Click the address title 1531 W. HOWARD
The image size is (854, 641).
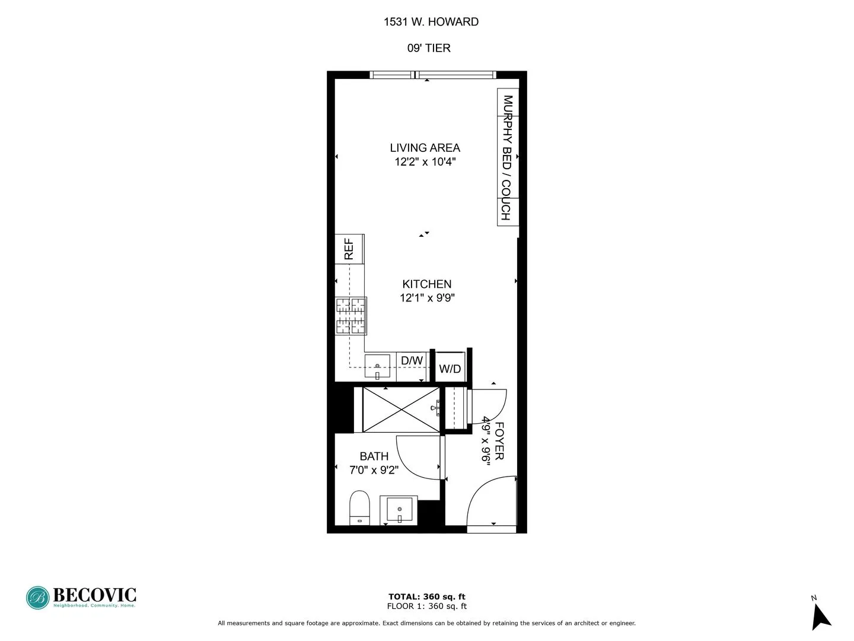[431, 22]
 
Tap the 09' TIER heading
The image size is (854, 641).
[429, 48]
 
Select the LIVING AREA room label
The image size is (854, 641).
[425, 148]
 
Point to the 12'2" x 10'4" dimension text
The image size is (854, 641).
[425, 162]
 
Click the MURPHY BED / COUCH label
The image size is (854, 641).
[507, 157]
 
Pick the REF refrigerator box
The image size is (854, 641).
[349, 249]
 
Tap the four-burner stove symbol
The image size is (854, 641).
[351, 315]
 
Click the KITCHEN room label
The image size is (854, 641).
[426, 284]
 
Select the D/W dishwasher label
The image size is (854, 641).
[412, 361]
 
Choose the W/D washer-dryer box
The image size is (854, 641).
[450, 369]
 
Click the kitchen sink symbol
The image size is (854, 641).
[377, 366]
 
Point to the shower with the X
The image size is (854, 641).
[401, 410]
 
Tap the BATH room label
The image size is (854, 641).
[374, 456]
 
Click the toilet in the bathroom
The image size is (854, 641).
[359, 507]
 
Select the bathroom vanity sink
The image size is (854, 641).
[400, 510]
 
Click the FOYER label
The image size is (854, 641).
[499, 441]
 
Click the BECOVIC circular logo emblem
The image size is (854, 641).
[37, 598]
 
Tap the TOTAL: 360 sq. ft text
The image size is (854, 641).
[426, 597]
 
